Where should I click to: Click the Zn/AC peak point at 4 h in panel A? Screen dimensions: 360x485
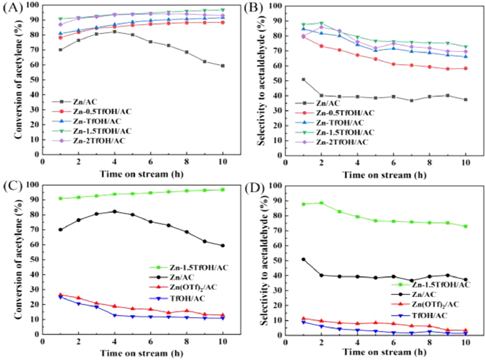coord(114,32)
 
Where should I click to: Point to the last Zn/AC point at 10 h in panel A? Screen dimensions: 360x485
coord(222,66)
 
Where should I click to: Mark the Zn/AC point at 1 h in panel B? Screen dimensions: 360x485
coord(303,80)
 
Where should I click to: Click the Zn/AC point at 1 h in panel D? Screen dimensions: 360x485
coord(303,260)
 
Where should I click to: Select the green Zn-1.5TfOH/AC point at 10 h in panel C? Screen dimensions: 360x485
coord(222,190)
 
